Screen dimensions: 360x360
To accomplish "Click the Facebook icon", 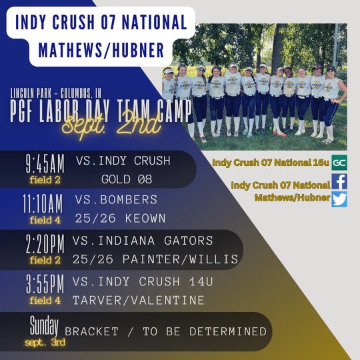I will (x=339, y=180).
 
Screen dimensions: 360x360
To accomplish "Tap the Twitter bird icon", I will (x=339, y=199).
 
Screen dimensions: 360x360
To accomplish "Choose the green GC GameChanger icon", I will (x=339, y=161).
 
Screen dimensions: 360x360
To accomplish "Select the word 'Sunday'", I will (x=45, y=326).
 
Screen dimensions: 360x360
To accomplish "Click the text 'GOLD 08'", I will (x=127, y=179).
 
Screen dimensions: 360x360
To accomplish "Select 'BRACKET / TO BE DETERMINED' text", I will (x=165, y=331).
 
